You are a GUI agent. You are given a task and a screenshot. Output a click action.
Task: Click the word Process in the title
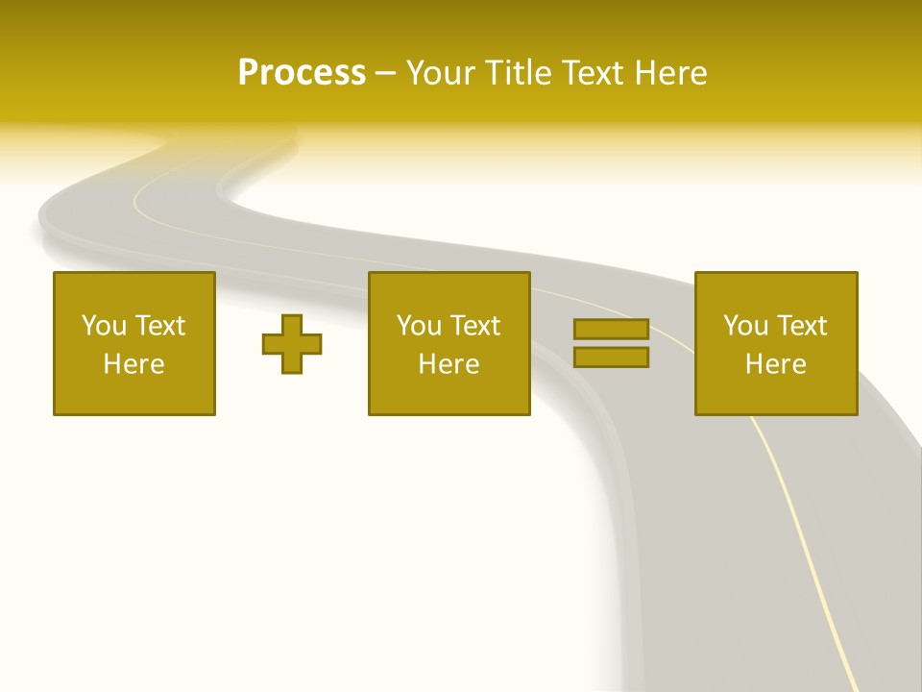click(302, 73)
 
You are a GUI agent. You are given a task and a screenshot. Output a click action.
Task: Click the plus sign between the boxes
click(292, 343)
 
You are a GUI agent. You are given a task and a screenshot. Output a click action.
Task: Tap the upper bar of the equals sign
click(611, 329)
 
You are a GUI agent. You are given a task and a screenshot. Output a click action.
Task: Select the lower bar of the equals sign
click(611, 357)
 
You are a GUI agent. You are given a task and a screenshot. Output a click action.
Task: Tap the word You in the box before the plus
click(104, 326)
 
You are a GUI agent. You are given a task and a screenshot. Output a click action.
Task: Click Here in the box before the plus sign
click(134, 364)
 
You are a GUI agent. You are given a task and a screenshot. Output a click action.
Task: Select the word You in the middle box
click(419, 326)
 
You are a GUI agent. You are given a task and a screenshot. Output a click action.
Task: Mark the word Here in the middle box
click(449, 364)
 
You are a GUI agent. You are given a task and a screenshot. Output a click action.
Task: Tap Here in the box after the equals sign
click(776, 364)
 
